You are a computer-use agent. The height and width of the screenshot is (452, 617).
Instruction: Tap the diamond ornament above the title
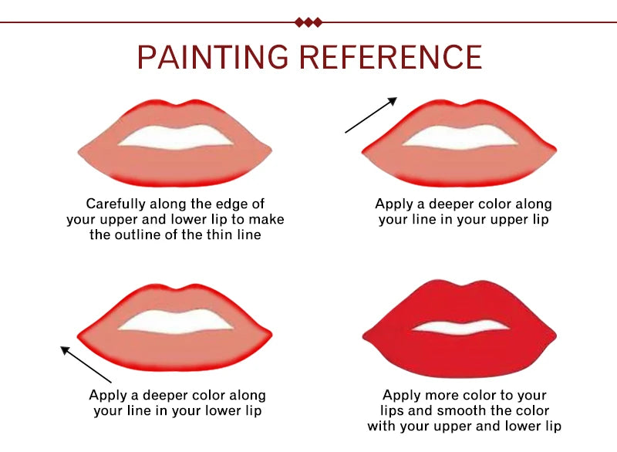[x=308, y=22]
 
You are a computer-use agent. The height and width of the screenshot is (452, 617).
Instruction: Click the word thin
[x=211, y=235]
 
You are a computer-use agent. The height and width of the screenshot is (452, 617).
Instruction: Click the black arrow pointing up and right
[x=370, y=115]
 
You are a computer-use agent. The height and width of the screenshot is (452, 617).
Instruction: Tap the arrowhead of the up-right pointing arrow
[x=393, y=100]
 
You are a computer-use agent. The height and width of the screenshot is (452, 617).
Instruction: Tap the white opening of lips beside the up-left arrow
[x=176, y=321]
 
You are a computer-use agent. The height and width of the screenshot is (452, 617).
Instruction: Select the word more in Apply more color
[x=445, y=395]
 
